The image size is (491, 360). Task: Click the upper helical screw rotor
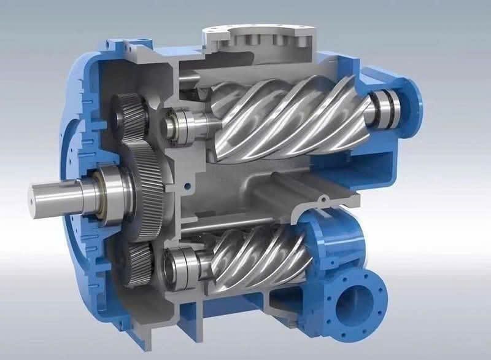pos(288,117)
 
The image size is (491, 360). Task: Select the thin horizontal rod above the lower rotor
pos(245,225)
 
